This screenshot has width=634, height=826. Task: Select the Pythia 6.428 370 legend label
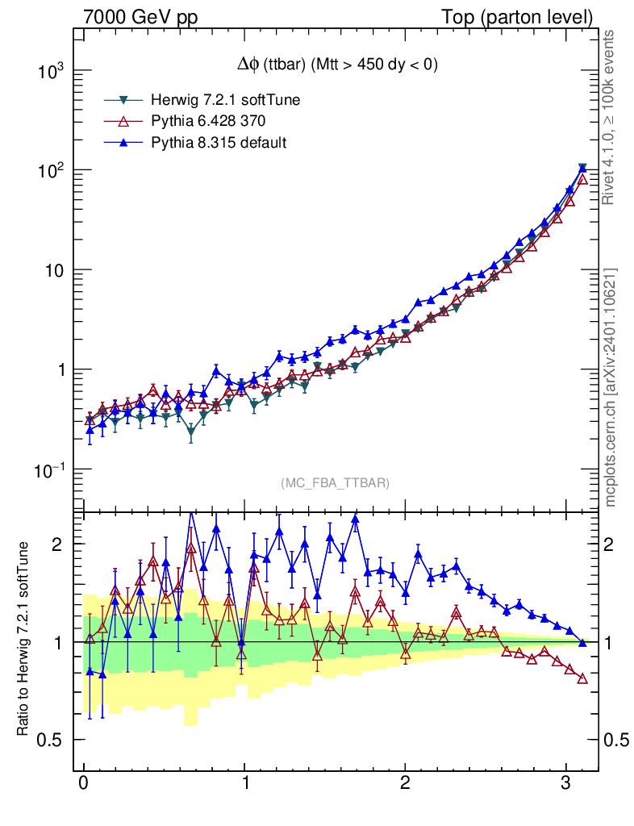pyautogui.click(x=208, y=121)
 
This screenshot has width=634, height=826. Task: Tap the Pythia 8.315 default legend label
pyautogui.click(x=219, y=142)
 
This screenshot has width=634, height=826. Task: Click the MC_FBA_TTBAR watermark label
pyautogui.click(x=336, y=482)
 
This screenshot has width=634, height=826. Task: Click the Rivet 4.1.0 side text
pyautogui.click(x=611, y=118)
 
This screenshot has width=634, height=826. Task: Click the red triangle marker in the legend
pyautogui.click(x=123, y=121)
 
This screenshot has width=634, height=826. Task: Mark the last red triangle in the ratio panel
pyautogui.click(x=582, y=678)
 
